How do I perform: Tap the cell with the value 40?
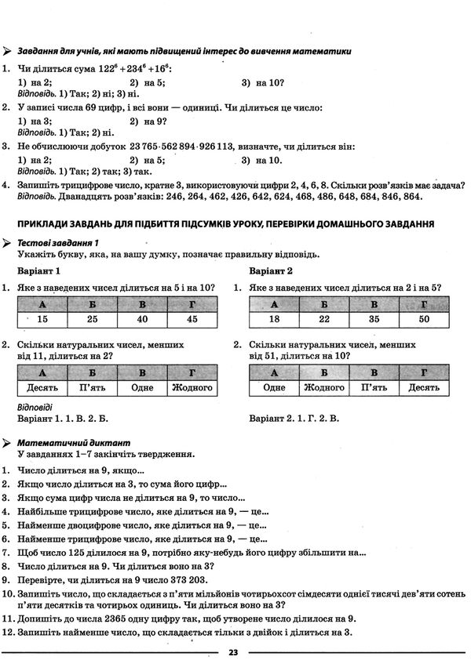(x=142, y=318)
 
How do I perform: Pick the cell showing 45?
(x=192, y=318)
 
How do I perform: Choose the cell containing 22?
(x=323, y=318)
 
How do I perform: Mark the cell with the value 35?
(x=374, y=318)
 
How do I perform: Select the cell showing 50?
(x=424, y=318)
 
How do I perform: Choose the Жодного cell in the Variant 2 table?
(x=323, y=387)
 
